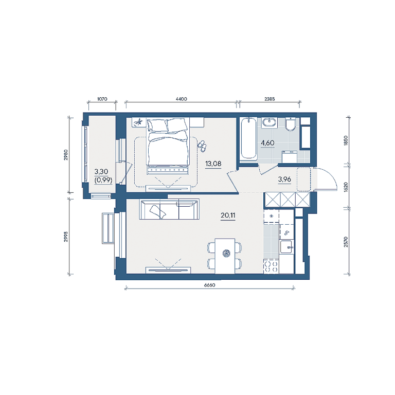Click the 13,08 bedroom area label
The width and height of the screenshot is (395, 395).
click(213, 164)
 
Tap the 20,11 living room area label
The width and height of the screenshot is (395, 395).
click(228, 216)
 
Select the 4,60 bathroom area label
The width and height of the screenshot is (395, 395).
click(267, 143)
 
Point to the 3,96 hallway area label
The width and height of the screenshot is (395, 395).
click(284, 179)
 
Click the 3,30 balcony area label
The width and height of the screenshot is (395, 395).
click(101, 172)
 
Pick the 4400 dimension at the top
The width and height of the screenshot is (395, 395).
click(182, 99)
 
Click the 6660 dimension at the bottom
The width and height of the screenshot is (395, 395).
click(210, 285)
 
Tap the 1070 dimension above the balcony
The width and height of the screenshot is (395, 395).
click(102, 99)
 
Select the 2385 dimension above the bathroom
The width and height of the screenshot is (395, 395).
click(270, 99)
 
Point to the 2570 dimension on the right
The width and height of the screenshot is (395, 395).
click(346, 242)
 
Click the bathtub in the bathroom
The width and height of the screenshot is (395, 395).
click(248, 139)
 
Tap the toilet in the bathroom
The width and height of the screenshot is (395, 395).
click(291, 124)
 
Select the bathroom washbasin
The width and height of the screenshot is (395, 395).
click(270, 123)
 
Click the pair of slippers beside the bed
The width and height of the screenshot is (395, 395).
click(202, 147)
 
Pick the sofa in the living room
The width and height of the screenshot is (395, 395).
click(169, 209)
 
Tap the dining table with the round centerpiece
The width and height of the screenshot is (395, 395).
click(225, 256)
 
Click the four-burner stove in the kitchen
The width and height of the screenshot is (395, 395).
click(272, 266)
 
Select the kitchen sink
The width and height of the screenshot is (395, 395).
click(286, 247)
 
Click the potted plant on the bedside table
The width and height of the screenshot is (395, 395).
click(138, 122)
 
